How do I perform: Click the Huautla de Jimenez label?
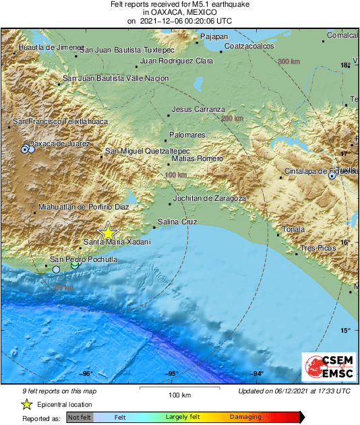[x=47, y=48]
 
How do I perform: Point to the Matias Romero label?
[x=197, y=158]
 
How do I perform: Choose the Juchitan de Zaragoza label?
[x=209, y=199]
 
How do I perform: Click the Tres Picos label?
[x=318, y=249]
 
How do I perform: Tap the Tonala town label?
[x=293, y=229]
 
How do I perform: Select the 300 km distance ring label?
[x=288, y=62]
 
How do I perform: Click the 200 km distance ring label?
[x=231, y=119]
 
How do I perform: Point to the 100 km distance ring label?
[x=175, y=175]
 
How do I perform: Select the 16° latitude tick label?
[x=345, y=242]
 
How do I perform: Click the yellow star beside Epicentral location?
[x=26, y=404]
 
